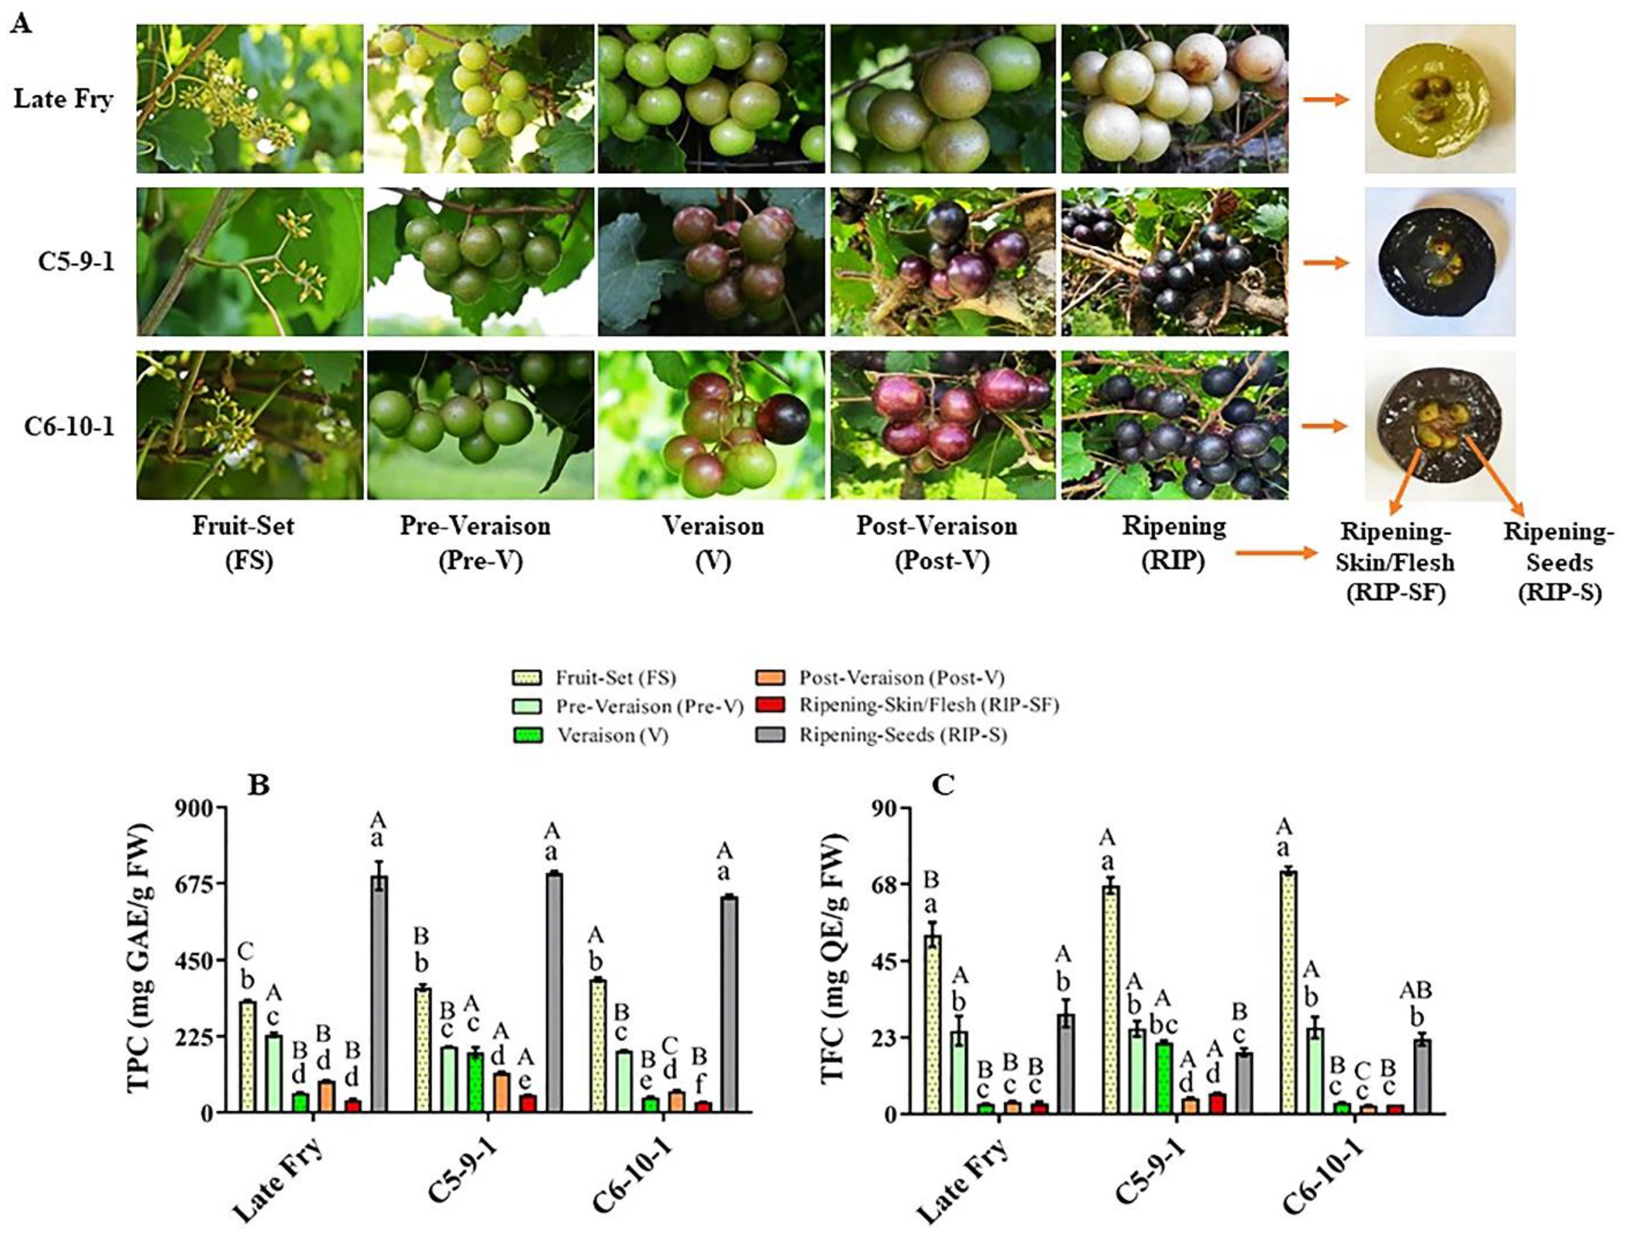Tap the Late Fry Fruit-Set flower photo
[x=249, y=99]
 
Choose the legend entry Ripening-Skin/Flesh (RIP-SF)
[x=928, y=705]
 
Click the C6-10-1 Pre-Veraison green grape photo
[x=480, y=425]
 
